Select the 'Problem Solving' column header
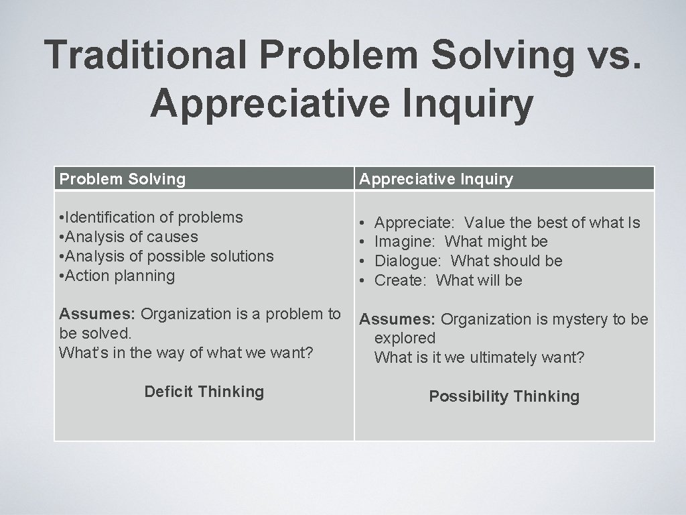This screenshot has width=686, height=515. click(x=123, y=179)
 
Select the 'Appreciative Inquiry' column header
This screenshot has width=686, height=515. click(x=436, y=179)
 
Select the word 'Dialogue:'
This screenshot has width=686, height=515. click(x=408, y=261)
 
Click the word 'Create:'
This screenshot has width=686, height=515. click(x=400, y=280)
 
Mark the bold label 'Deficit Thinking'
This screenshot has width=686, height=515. click(x=204, y=392)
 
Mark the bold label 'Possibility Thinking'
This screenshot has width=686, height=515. click(x=504, y=396)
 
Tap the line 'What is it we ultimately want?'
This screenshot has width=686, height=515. click(x=479, y=357)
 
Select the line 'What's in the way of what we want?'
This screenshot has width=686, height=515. click(x=186, y=352)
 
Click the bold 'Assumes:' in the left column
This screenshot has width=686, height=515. click(x=98, y=314)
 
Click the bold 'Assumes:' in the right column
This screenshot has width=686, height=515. click(x=398, y=319)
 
